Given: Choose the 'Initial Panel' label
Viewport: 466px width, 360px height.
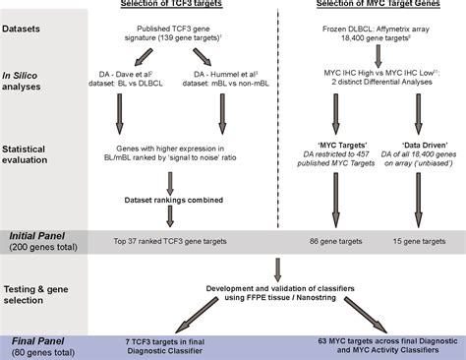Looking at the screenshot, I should tap(37, 237).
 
